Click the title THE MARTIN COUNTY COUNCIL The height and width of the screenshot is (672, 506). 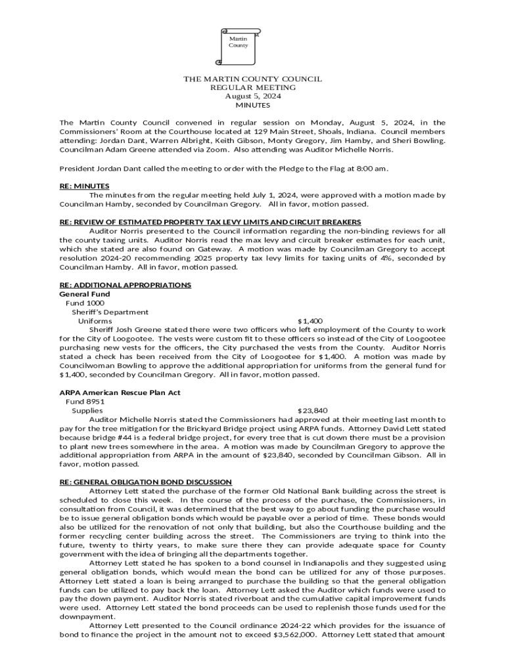(x=252, y=79)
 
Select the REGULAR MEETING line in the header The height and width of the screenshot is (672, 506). (x=252, y=87)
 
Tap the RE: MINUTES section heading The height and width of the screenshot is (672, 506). (x=84, y=186)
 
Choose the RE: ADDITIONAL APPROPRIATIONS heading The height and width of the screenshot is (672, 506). (x=125, y=285)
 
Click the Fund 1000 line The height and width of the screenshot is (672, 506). (x=85, y=303)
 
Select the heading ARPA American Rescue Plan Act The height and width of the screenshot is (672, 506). (x=120, y=392)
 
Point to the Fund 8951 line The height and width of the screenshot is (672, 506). (x=85, y=401)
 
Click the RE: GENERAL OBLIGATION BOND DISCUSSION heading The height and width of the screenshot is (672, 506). (x=145, y=482)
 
